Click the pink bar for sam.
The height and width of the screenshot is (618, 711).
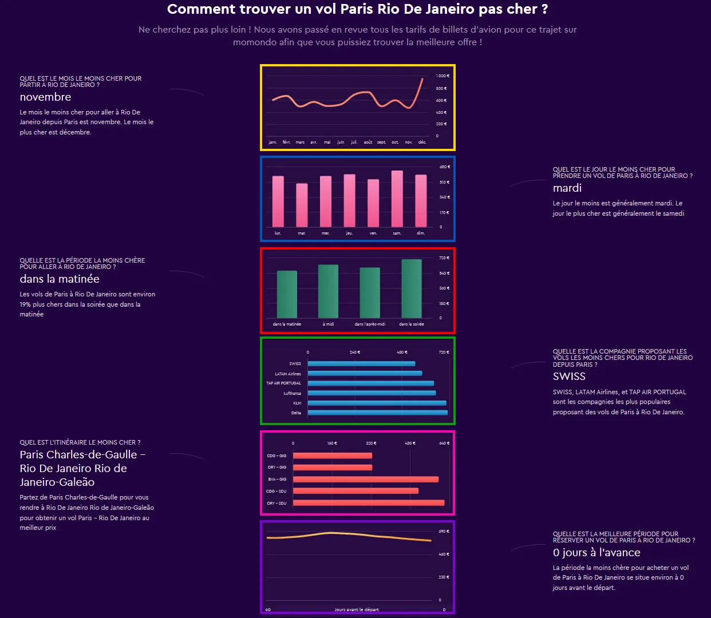(x=397, y=199)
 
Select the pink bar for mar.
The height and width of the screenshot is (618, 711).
(x=302, y=205)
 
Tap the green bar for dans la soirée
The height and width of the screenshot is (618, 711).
(x=412, y=288)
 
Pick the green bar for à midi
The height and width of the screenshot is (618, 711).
(x=328, y=291)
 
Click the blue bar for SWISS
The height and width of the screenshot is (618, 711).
(x=361, y=363)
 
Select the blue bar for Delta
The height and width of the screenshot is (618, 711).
(x=377, y=413)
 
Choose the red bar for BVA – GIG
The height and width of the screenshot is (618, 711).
(x=365, y=480)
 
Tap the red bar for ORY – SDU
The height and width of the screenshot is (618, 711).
(x=368, y=503)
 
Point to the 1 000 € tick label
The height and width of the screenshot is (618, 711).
(x=443, y=76)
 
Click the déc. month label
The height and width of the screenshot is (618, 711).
(x=422, y=142)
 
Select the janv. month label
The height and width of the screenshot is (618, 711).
(x=272, y=142)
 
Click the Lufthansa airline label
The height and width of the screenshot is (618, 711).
(x=292, y=393)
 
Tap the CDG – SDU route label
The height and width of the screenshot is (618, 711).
(x=276, y=491)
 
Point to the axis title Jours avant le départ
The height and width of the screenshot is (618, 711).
(x=357, y=609)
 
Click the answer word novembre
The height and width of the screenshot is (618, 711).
(x=46, y=97)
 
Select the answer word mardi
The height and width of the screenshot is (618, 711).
(x=567, y=188)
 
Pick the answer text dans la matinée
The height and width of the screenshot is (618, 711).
(x=60, y=279)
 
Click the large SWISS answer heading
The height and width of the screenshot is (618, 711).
(x=569, y=377)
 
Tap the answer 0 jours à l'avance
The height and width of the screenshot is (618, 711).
(x=597, y=553)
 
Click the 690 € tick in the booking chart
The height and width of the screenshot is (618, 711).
(x=444, y=532)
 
